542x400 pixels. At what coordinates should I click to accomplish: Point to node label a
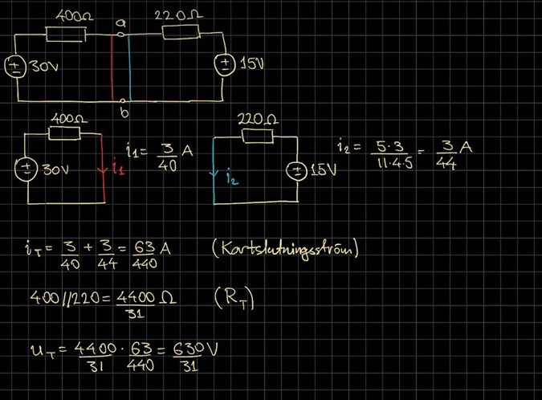coord(121,23)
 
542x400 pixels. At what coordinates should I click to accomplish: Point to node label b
coord(123,112)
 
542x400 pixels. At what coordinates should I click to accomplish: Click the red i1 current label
coord(117,169)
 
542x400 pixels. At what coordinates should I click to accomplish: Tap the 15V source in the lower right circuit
coord(298,170)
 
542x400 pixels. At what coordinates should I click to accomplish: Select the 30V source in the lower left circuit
coord(25,169)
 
